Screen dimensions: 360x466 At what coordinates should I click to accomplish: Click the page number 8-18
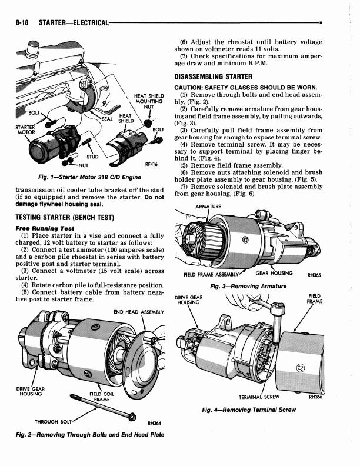point(22,22)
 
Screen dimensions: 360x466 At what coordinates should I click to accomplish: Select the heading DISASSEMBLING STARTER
point(214,76)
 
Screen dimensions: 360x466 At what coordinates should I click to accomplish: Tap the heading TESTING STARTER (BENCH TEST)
point(65,217)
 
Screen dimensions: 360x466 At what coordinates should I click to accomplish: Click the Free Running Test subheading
point(45,228)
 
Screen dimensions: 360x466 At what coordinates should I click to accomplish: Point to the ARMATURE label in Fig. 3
point(208,207)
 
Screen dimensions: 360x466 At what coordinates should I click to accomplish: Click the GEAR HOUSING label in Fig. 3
point(274,273)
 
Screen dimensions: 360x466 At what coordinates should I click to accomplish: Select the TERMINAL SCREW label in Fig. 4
point(259,397)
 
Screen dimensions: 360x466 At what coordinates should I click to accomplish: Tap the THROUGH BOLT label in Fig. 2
point(53,422)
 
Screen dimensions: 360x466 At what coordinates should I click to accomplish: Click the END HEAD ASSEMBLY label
point(139,312)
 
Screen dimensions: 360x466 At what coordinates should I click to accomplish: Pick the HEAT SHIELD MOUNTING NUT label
point(149,101)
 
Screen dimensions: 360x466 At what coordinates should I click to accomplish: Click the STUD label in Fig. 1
point(92,157)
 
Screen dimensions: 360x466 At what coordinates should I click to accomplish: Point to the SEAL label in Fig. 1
point(107,119)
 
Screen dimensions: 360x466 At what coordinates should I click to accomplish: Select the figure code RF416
point(151,164)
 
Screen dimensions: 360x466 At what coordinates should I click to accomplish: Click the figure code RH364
point(154,423)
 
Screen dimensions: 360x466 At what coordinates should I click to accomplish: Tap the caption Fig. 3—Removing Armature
point(248,286)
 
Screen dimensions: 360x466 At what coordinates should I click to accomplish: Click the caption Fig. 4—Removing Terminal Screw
point(249,410)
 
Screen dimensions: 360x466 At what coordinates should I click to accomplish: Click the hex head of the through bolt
point(132,417)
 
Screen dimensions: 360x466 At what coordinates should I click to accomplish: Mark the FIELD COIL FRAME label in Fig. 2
point(102,397)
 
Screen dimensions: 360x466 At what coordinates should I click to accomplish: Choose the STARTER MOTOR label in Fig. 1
point(25,130)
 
